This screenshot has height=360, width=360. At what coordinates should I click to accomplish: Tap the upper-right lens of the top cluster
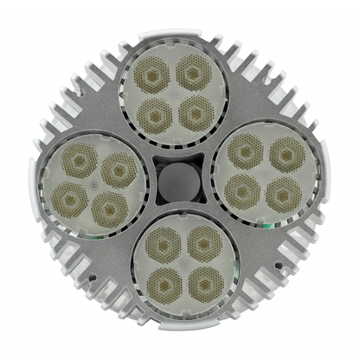tap(193, 72)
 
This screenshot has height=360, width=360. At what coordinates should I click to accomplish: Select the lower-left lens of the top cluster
tap(156, 112)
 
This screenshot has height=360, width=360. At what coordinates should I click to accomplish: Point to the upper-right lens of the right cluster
tap(286, 155)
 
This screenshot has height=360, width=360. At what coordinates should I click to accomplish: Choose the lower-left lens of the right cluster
tap(244, 189)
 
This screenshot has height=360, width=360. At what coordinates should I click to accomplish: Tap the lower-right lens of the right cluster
tap(282, 194)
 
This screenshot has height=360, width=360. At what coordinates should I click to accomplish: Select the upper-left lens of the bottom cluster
tap(162, 244)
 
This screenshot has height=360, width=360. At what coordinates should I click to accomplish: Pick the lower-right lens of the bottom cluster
tap(204, 282)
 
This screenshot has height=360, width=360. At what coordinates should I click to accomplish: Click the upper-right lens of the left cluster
tap(118, 170)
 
